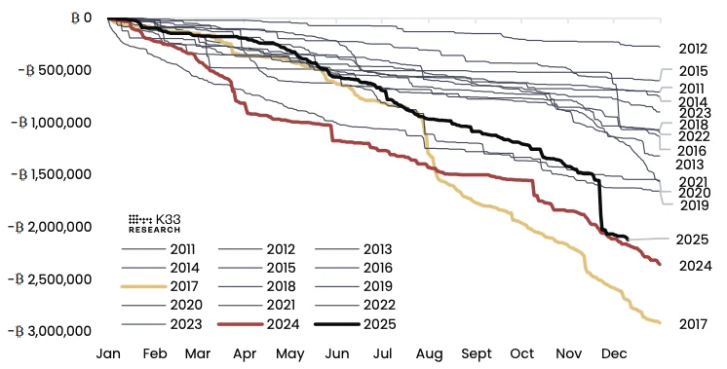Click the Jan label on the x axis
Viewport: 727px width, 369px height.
pos(108,354)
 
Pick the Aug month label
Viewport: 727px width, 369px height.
pos(429,354)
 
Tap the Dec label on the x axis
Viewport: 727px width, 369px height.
pos(613,354)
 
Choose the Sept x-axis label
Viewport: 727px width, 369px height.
pos(476,354)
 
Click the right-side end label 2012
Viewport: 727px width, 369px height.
pos(693,48)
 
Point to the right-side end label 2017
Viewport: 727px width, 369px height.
pos(695,323)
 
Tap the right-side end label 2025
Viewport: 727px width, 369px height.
pos(695,240)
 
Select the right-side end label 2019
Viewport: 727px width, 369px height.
pos(694,205)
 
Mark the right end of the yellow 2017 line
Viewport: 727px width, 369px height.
pos(661,322)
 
